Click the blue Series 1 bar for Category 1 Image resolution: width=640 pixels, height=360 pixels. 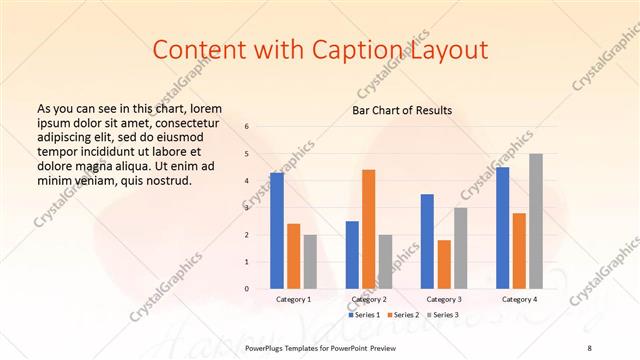(x=276, y=231)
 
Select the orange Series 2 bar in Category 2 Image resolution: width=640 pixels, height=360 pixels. (x=368, y=229)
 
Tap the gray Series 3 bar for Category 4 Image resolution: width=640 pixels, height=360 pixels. (x=536, y=221)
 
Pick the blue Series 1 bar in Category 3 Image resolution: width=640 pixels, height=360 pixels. (x=427, y=241)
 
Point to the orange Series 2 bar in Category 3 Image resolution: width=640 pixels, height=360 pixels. (x=444, y=264)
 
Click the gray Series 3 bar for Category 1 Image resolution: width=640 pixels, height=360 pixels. (x=310, y=261)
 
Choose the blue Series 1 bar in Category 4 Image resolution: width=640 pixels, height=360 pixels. (x=502, y=228)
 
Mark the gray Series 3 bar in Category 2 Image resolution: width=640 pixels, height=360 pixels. (x=386, y=261)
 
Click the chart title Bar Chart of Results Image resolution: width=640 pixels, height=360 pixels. (x=402, y=110)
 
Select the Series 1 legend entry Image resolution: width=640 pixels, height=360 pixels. (x=364, y=315)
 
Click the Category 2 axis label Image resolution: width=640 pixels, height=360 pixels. (x=369, y=300)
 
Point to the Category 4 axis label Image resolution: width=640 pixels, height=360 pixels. (x=519, y=300)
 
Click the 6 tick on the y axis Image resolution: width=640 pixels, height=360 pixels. (x=247, y=127)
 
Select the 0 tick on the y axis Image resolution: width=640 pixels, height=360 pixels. (x=247, y=289)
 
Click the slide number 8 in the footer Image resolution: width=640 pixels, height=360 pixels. (x=589, y=347)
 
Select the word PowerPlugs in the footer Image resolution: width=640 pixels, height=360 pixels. (x=267, y=347)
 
